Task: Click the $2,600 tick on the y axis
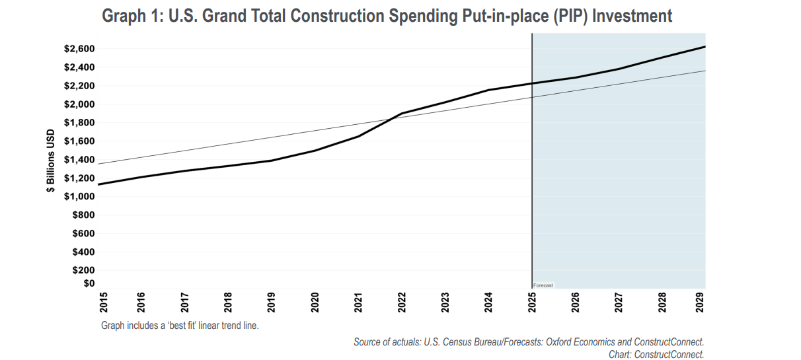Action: coord(79,49)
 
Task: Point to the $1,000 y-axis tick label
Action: coord(79,196)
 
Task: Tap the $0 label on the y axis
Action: coord(87,283)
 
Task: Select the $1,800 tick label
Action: coord(79,123)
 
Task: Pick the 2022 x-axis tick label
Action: coord(402,302)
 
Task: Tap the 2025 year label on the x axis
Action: coord(532,302)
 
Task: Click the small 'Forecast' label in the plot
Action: coord(543,285)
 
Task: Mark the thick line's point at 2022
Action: coord(402,113)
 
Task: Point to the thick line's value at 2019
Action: coord(272,161)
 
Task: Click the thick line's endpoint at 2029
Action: coord(705,47)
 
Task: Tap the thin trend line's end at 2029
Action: coord(705,71)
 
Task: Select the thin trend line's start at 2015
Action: coord(98,164)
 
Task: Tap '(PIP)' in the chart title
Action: coord(569,16)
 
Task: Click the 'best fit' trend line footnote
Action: coord(180,326)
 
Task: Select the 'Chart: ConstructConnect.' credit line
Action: coord(656,354)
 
